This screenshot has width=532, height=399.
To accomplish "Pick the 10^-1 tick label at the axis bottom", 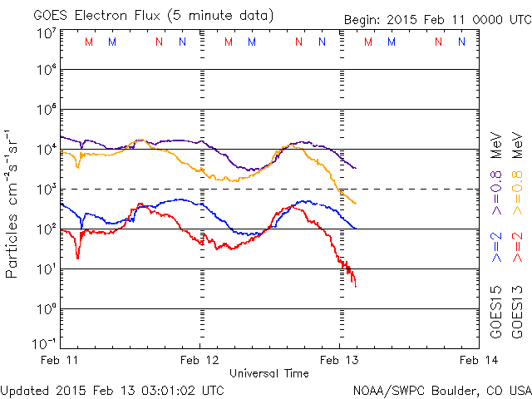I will tap(45, 342).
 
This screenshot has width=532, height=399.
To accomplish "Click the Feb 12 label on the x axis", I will tap(200, 361).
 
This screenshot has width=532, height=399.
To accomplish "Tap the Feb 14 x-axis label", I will tap(476, 361).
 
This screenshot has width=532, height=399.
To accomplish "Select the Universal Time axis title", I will tap(270, 373).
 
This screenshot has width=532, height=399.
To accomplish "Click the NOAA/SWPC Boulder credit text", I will tap(441, 389).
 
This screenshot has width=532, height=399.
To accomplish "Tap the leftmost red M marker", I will tap(89, 42).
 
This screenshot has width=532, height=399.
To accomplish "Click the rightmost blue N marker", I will tap(461, 42).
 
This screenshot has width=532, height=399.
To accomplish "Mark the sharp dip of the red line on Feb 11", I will tap(78, 257).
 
